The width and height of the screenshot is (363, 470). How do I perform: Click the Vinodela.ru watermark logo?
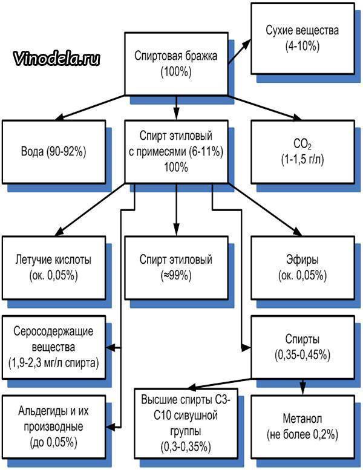point(56,59)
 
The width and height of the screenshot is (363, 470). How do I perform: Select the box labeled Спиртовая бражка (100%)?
point(176,64)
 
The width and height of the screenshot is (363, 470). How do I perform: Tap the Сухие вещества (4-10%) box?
point(302,38)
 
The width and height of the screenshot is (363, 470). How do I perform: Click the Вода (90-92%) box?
point(54,152)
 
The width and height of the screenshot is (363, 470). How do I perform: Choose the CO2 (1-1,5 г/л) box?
point(302,152)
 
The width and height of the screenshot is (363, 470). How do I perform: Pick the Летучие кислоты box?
point(54,268)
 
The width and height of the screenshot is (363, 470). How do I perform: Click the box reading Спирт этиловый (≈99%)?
point(176,268)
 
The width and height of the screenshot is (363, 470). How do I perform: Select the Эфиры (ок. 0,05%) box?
point(302,268)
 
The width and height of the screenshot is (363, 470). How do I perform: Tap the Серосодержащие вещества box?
point(54,347)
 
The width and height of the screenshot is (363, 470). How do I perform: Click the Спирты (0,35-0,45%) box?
point(302,347)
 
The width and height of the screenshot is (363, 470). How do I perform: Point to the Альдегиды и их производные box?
point(54,426)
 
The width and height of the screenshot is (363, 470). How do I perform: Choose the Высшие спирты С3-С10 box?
point(186,423)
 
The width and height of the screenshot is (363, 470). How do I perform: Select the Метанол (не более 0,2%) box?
point(302,426)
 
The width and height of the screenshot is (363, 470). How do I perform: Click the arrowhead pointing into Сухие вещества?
point(246,44)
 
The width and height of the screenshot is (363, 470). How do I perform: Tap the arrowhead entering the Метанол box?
point(302,390)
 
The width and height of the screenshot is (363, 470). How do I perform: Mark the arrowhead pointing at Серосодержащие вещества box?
point(111,348)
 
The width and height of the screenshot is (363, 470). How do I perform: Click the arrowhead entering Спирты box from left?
point(246,348)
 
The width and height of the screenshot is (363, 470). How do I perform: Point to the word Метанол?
point(302,419)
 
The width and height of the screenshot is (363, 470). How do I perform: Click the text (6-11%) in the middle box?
point(206,152)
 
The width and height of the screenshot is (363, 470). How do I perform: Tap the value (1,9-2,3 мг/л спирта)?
point(54,363)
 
